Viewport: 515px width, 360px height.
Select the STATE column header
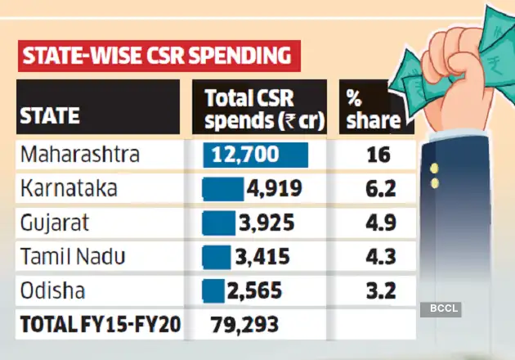click(49, 116)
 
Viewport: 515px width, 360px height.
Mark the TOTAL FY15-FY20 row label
click(99, 325)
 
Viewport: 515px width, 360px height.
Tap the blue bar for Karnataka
click(223, 189)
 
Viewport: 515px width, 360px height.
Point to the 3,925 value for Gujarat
click(266, 223)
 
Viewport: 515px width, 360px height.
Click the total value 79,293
click(244, 325)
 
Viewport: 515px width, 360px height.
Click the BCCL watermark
click(442, 308)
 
